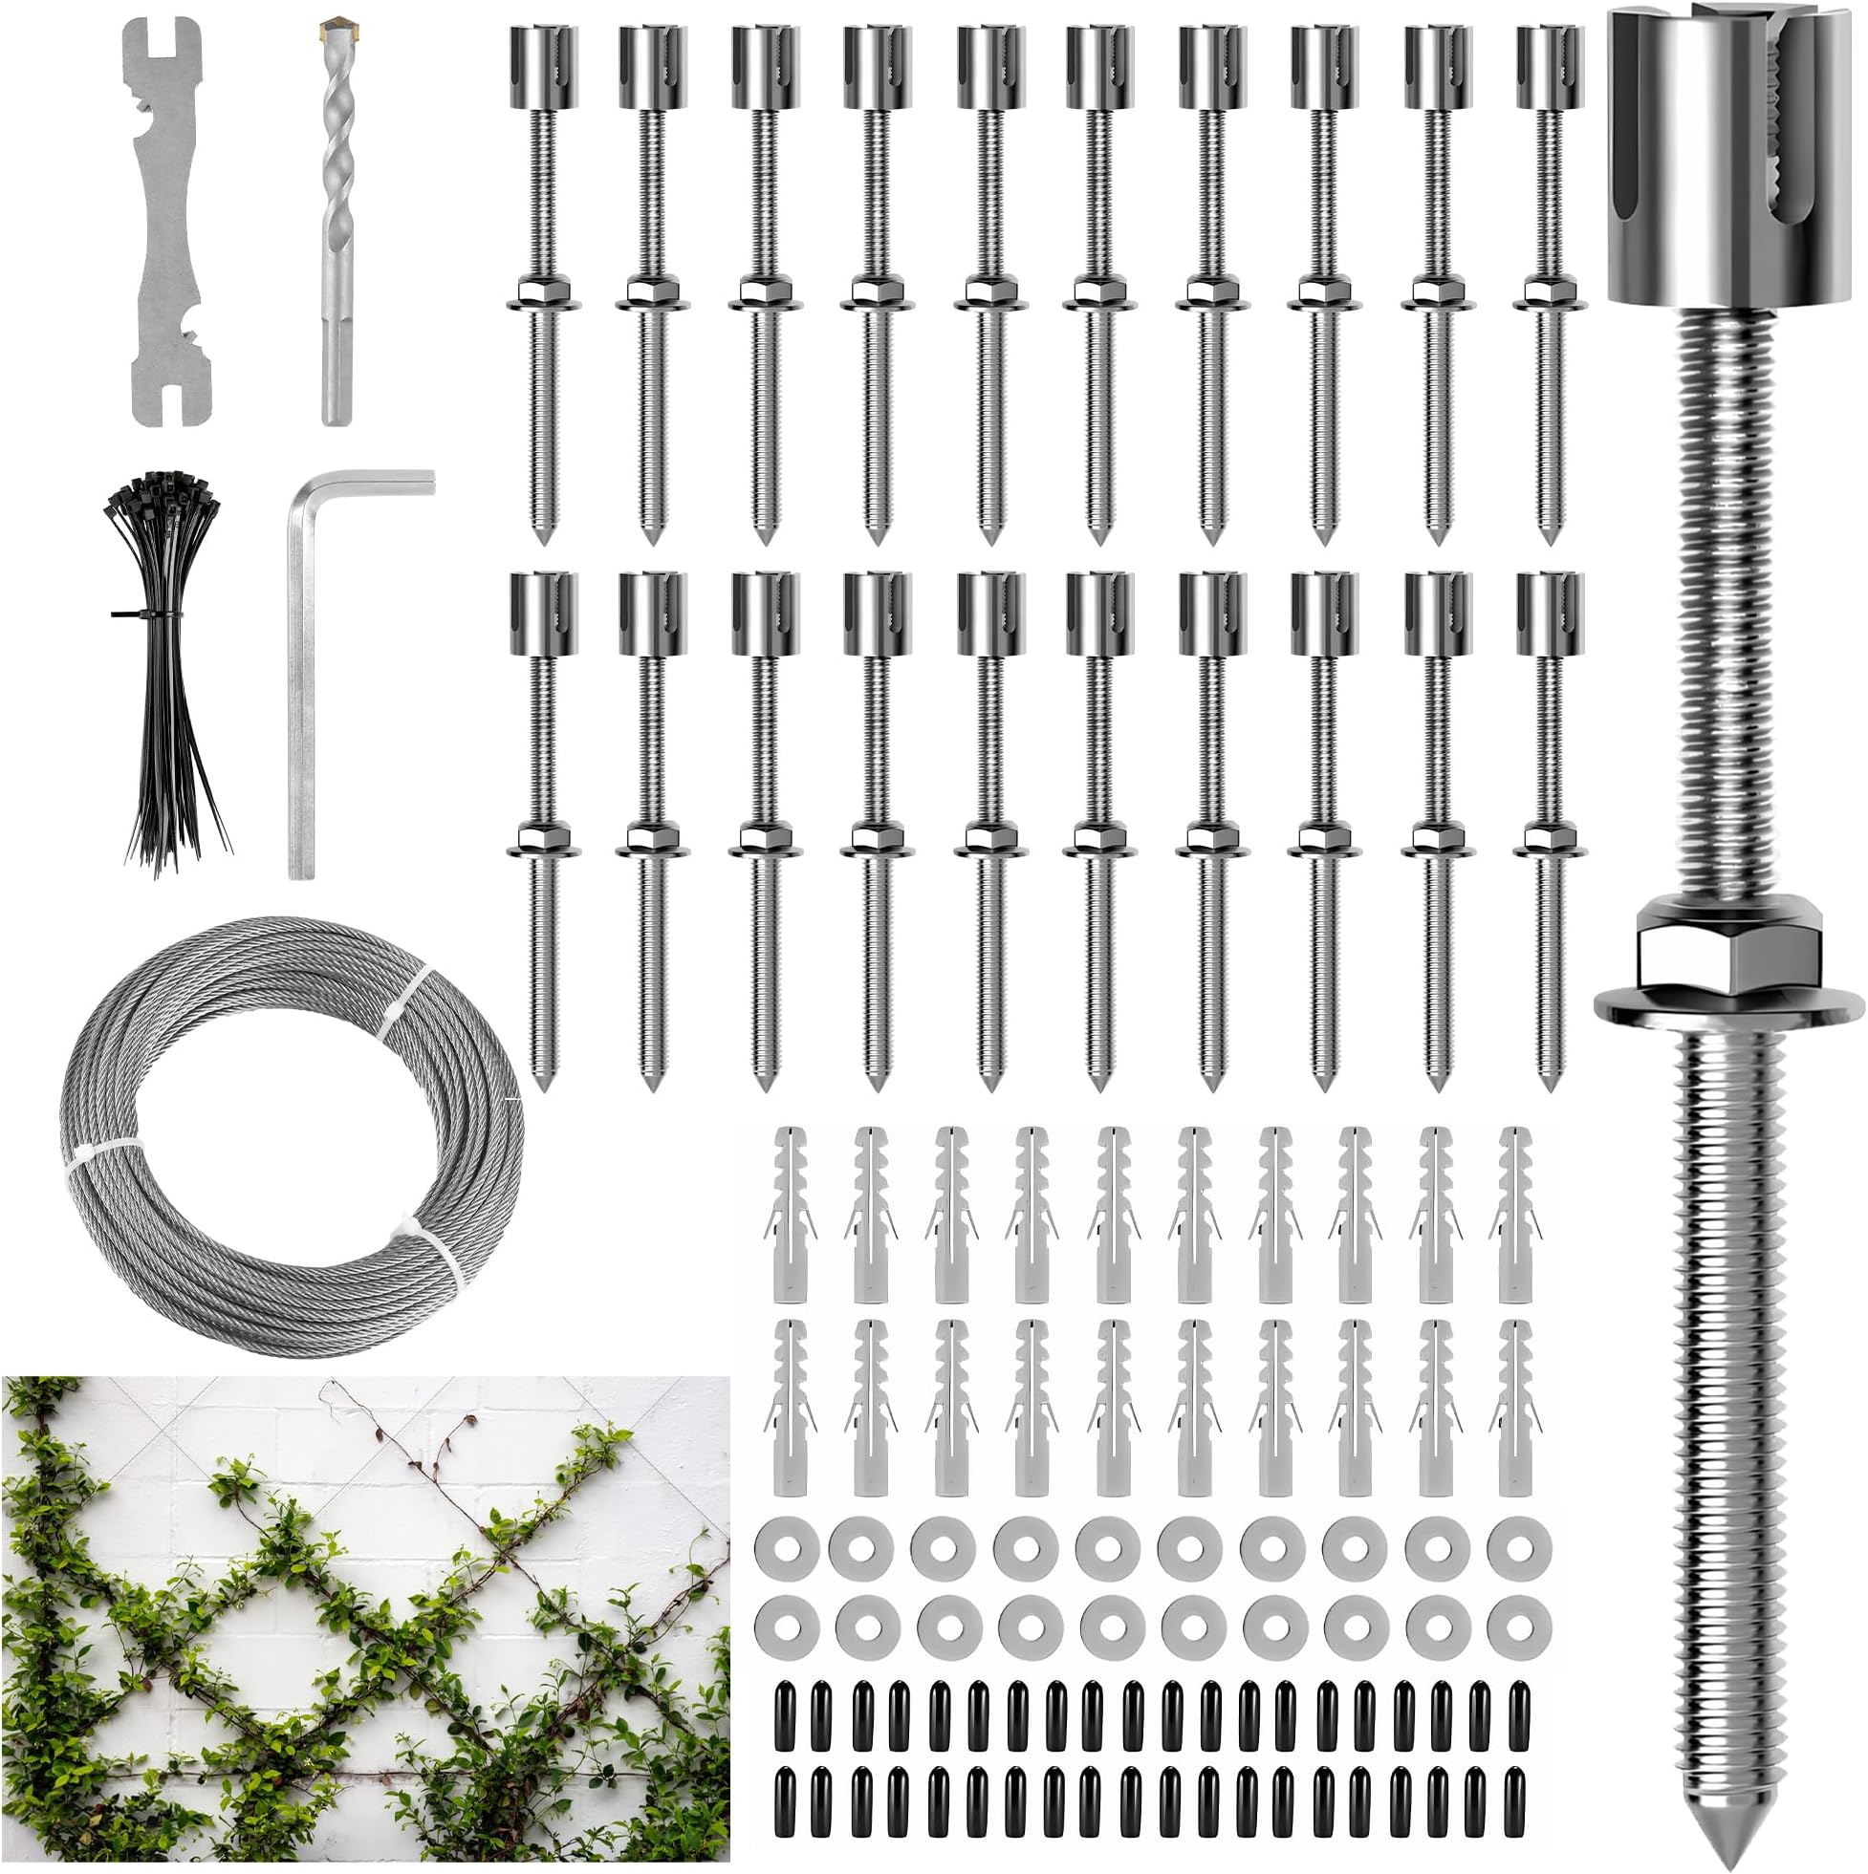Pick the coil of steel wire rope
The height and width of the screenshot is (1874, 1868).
292,1135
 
